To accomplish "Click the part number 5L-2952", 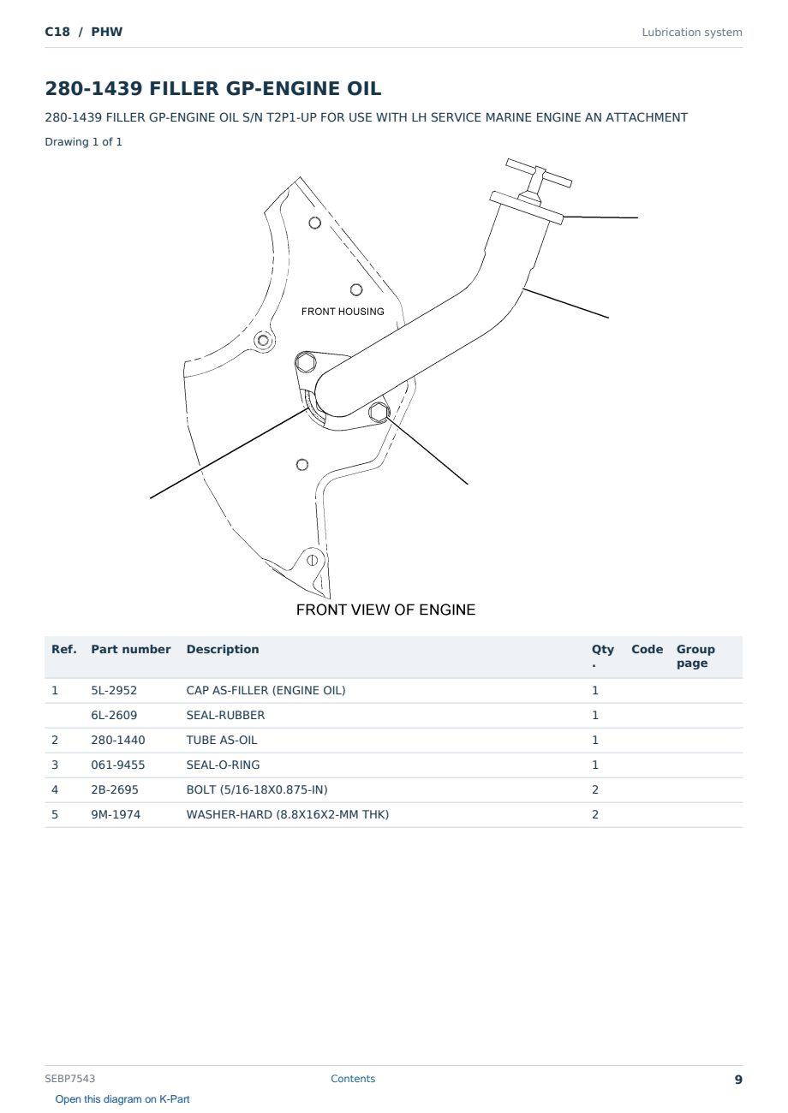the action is pyautogui.click(x=114, y=690).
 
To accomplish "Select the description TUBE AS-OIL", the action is pyautogui.click(x=222, y=740).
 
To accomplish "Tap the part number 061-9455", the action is pyautogui.click(x=118, y=765).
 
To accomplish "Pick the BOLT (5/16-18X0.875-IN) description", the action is pyautogui.click(x=257, y=789).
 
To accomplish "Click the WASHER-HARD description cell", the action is pyautogui.click(x=287, y=814).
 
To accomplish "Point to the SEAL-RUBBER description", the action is pyautogui.click(x=226, y=715).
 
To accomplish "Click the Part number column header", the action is pyautogui.click(x=131, y=650).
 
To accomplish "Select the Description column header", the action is pyautogui.click(x=223, y=650).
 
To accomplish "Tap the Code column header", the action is pyautogui.click(x=647, y=650).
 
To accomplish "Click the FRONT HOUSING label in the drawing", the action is pyautogui.click(x=343, y=312).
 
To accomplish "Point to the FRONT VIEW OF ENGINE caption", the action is pyautogui.click(x=385, y=610).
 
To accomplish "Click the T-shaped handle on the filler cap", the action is pyautogui.click(x=539, y=174).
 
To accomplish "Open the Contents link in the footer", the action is pyautogui.click(x=353, y=1079).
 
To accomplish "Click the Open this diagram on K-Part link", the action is pyautogui.click(x=122, y=1099).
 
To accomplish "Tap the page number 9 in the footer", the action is pyautogui.click(x=738, y=1080).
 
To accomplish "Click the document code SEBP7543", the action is pyautogui.click(x=69, y=1079).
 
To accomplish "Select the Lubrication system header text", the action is pyautogui.click(x=692, y=33).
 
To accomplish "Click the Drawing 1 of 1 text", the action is pyautogui.click(x=84, y=142).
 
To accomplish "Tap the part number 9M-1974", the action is pyautogui.click(x=116, y=814).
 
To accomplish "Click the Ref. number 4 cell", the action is pyautogui.click(x=55, y=789).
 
